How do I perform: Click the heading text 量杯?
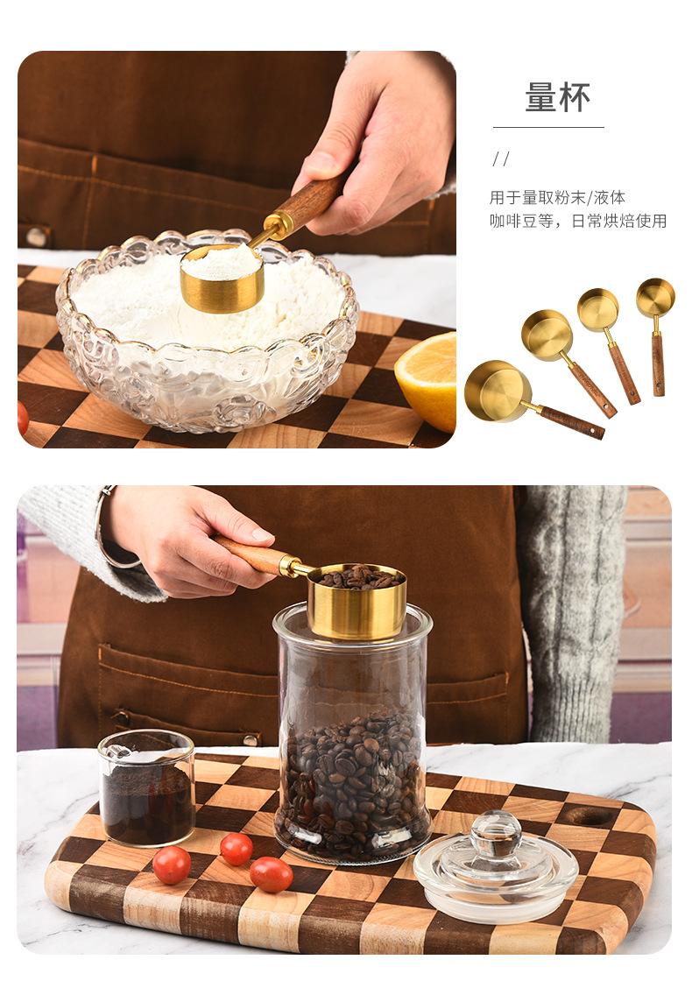click(558, 97)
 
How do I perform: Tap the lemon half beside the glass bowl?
click(427, 381)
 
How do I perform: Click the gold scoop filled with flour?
click(222, 278)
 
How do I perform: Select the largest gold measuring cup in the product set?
click(498, 392)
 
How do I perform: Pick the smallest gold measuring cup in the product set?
click(655, 297)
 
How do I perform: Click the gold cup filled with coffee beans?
click(357, 602)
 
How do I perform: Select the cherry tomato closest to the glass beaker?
click(171, 864)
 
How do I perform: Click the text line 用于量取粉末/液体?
click(557, 197)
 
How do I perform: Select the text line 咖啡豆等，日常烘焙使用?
click(577, 221)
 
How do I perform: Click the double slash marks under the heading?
click(502, 159)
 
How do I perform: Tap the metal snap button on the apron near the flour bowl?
click(37, 236)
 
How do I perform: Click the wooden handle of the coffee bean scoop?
click(251, 554)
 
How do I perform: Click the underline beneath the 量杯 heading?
click(548, 127)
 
